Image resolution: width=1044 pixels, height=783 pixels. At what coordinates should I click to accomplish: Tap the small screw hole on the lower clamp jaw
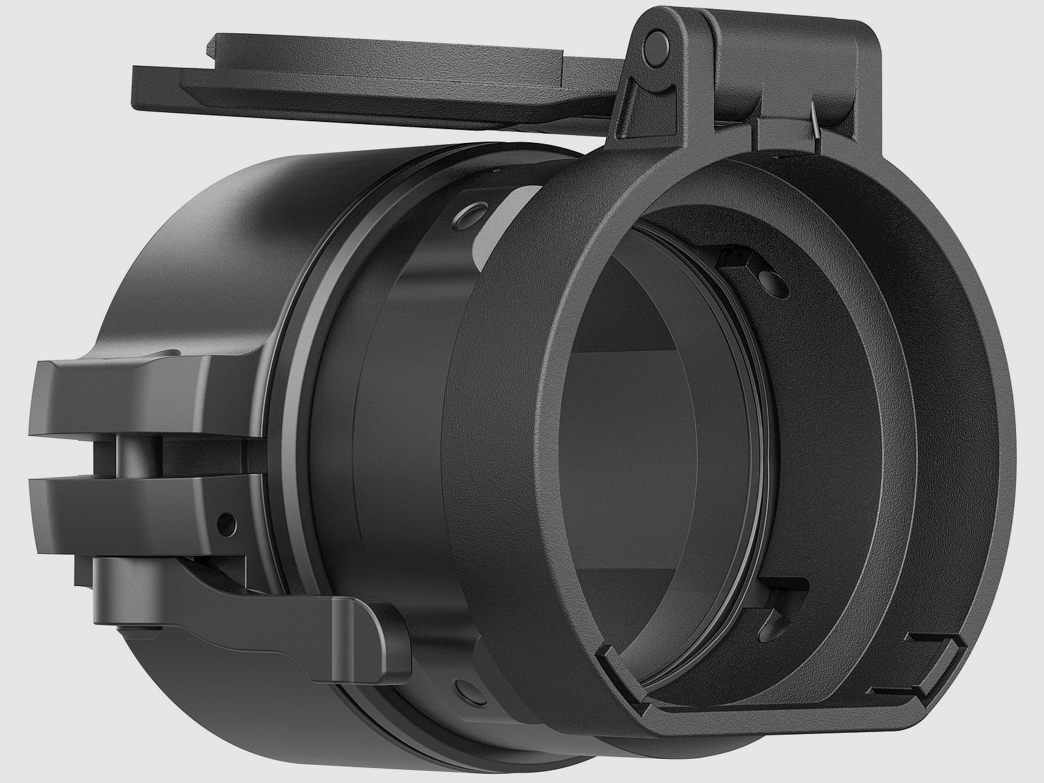coord(226,522)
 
